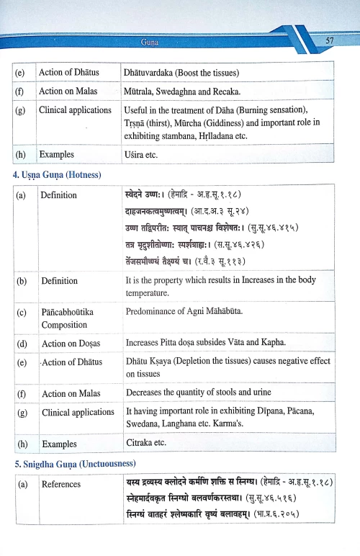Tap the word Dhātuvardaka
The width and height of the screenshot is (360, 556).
tap(155, 73)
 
